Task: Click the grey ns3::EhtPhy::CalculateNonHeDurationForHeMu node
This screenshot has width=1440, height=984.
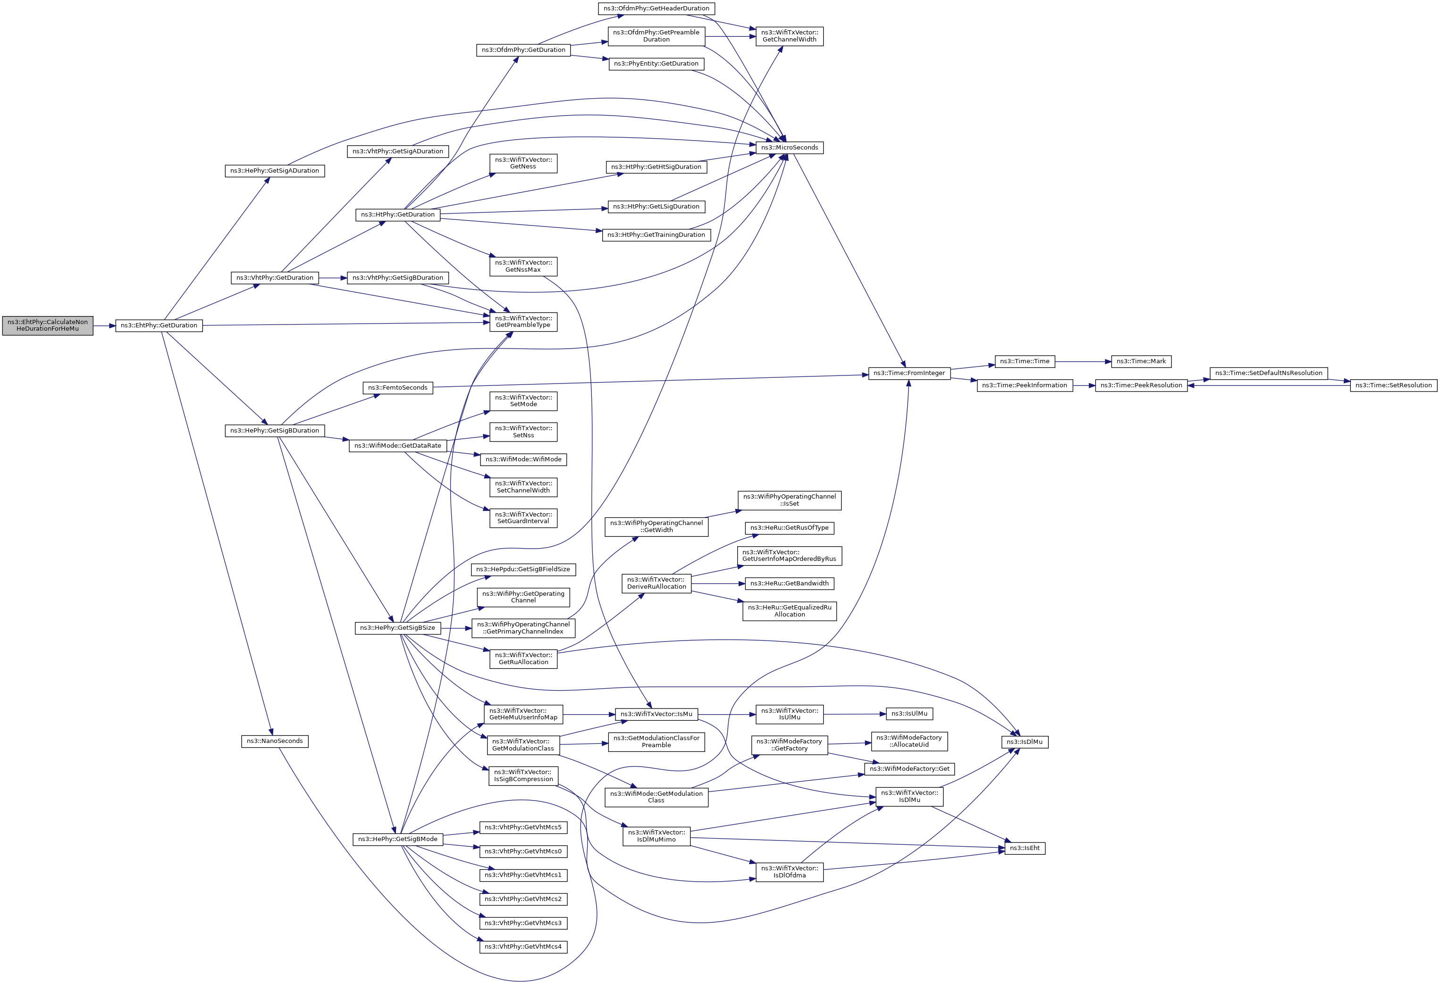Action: (48, 325)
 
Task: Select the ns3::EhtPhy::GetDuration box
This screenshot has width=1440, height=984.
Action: (159, 325)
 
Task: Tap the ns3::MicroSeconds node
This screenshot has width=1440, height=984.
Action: (790, 147)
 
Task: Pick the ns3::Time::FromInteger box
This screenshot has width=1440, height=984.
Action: (909, 373)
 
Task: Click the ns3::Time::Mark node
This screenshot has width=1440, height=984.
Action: (1141, 361)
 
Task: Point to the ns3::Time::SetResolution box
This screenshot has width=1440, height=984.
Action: (1394, 385)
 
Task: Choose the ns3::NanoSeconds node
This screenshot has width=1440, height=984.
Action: (275, 741)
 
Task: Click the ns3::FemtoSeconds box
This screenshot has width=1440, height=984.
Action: (398, 388)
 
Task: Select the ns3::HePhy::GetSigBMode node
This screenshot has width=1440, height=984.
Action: (398, 839)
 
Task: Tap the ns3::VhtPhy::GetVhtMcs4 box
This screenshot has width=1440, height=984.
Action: (523, 947)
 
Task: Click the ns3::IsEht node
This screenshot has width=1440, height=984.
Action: (1025, 848)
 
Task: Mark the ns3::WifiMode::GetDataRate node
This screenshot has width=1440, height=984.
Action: (398, 445)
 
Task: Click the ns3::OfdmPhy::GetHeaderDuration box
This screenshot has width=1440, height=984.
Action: (656, 8)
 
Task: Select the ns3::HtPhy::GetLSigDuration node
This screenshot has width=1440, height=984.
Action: (656, 206)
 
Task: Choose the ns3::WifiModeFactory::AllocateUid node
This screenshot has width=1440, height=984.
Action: (909, 741)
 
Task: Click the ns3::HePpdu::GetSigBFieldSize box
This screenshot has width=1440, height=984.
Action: (523, 569)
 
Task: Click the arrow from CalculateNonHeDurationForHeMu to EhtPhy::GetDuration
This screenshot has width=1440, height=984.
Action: (104, 325)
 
